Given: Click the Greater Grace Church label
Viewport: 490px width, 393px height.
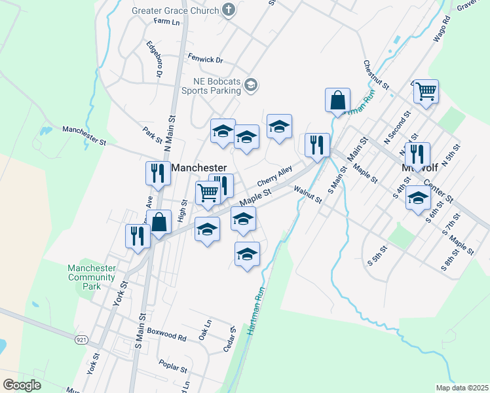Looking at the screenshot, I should pos(175,10).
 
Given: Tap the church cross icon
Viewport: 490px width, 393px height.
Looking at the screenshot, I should pos(228,9).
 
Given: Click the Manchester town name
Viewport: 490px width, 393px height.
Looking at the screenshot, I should pos(198,168).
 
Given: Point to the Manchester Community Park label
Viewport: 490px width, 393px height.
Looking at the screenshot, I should pos(92,277).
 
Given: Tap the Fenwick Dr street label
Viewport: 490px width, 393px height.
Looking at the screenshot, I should pos(205,60).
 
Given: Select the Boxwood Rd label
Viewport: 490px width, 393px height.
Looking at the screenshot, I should pos(166,337).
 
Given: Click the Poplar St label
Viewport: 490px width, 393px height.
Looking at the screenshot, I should pos(173,364).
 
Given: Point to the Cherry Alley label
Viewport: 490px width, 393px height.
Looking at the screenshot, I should pos(274,175).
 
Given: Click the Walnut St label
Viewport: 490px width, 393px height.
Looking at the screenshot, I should pos(309,195).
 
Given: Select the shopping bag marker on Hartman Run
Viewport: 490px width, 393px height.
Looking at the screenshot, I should pos(338,101).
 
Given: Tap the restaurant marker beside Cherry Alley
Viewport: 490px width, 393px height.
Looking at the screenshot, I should pos(317,145).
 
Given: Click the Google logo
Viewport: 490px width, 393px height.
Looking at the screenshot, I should pos(22,385).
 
